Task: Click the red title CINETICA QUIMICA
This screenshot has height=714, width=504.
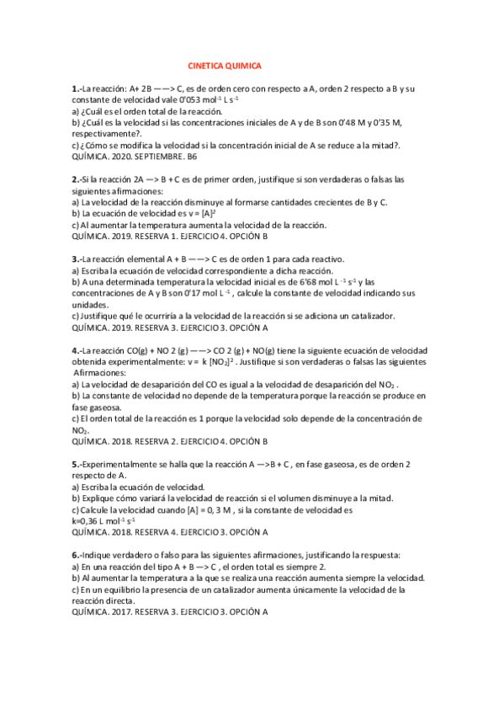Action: [x=224, y=65]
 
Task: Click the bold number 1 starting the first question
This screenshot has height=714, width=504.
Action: [x=76, y=88]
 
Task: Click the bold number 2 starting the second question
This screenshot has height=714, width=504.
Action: [x=76, y=179]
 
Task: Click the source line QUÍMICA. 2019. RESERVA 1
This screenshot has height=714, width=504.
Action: [x=169, y=237]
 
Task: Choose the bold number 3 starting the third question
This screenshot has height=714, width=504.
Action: [x=76, y=259]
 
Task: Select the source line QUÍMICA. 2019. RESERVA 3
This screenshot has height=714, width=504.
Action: [x=169, y=328]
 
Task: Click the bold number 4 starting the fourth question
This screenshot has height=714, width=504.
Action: [x=76, y=350]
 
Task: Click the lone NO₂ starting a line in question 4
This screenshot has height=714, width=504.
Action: [x=80, y=429]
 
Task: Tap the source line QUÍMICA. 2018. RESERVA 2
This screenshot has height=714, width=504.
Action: [x=169, y=440]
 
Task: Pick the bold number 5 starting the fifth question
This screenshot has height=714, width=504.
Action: [x=76, y=464]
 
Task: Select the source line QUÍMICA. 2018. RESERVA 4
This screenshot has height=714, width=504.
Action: [x=169, y=532]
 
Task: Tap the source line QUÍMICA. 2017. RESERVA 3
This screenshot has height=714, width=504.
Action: [x=169, y=612]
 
